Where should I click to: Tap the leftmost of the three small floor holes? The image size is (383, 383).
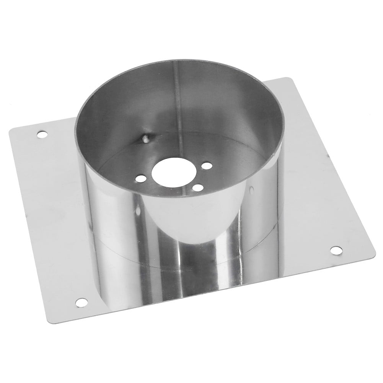pos(140,178)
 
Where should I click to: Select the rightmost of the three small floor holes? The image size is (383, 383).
pos(207,166)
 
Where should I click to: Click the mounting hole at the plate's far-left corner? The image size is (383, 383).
pos(41,134)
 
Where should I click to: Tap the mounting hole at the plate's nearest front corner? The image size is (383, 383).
pos(81,302)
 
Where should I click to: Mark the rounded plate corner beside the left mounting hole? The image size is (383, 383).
pos(11,132)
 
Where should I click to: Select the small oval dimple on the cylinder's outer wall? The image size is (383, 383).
pos(252,189)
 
